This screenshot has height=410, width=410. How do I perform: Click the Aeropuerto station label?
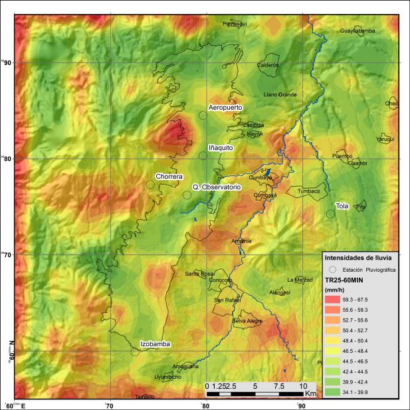(225, 107)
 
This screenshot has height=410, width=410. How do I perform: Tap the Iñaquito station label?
(221, 148)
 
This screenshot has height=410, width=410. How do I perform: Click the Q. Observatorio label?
(216, 187)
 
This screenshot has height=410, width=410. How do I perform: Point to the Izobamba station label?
(155, 344)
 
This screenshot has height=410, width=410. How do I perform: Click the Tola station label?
(342, 205)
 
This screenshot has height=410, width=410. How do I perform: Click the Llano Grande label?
(280, 94)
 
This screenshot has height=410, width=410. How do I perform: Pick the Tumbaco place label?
(308, 191)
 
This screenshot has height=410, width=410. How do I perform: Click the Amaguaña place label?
(185, 366)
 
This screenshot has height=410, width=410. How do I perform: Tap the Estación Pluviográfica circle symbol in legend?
(332, 269)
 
